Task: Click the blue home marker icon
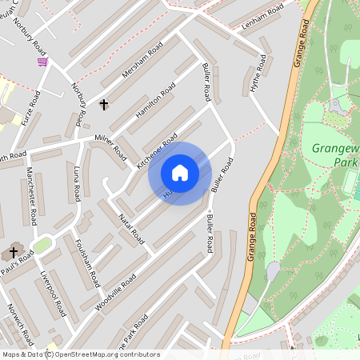180,173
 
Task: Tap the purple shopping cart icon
42,61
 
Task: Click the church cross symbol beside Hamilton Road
103,104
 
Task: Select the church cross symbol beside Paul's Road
14,253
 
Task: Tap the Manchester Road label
30,206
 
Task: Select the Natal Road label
130,226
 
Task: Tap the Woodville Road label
117,292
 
